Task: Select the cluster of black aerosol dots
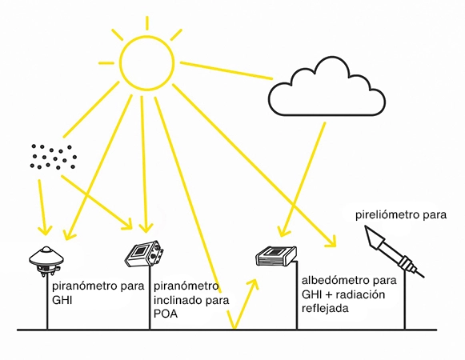pos(53,157)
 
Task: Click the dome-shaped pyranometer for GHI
pos(47,254)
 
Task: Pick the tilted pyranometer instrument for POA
pos(145,254)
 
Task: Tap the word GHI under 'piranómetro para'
pos(62,300)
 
